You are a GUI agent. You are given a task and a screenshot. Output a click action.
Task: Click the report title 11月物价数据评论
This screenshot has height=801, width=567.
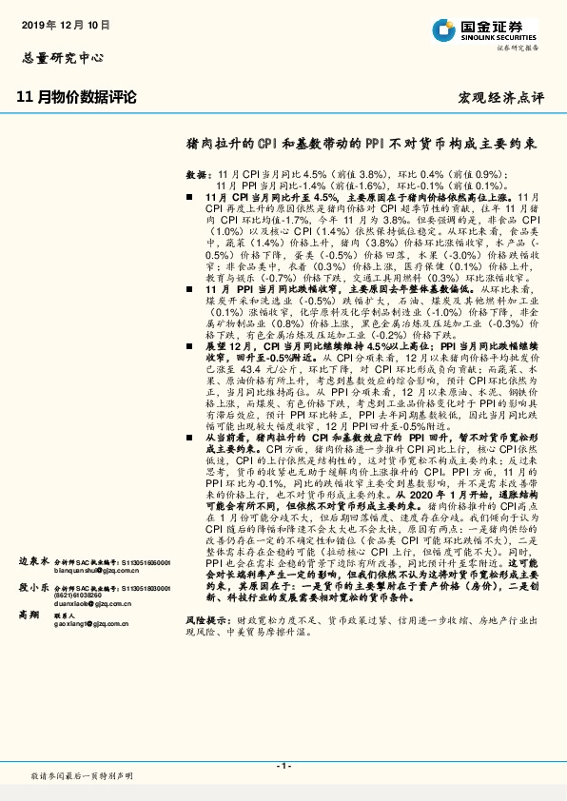point(77,96)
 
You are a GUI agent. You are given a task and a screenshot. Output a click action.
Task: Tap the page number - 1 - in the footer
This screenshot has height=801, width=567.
point(283,765)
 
